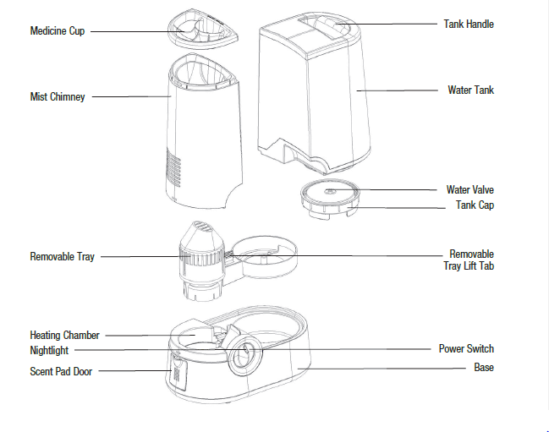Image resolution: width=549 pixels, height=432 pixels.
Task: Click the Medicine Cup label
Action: tap(57, 31)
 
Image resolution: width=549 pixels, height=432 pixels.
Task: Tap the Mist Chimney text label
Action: tap(57, 97)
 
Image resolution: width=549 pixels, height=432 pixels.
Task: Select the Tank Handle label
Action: tap(468, 24)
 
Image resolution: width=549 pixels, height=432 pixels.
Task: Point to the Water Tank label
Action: tap(470, 90)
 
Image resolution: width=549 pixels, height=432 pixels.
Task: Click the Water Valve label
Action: tap(469, 190)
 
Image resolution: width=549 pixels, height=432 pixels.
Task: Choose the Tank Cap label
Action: tap(475, 205)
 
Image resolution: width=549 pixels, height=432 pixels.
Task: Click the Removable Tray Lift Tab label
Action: tap(471, 260)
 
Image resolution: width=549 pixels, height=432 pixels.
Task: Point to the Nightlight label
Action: tap(49, 350)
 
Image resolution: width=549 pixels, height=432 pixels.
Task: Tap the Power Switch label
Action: tap(466, 348)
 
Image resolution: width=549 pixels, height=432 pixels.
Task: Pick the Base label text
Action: tap(484, 368)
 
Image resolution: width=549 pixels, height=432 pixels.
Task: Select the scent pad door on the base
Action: tap(178, 369)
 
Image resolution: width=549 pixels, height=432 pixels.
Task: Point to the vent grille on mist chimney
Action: tap(176, 170)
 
